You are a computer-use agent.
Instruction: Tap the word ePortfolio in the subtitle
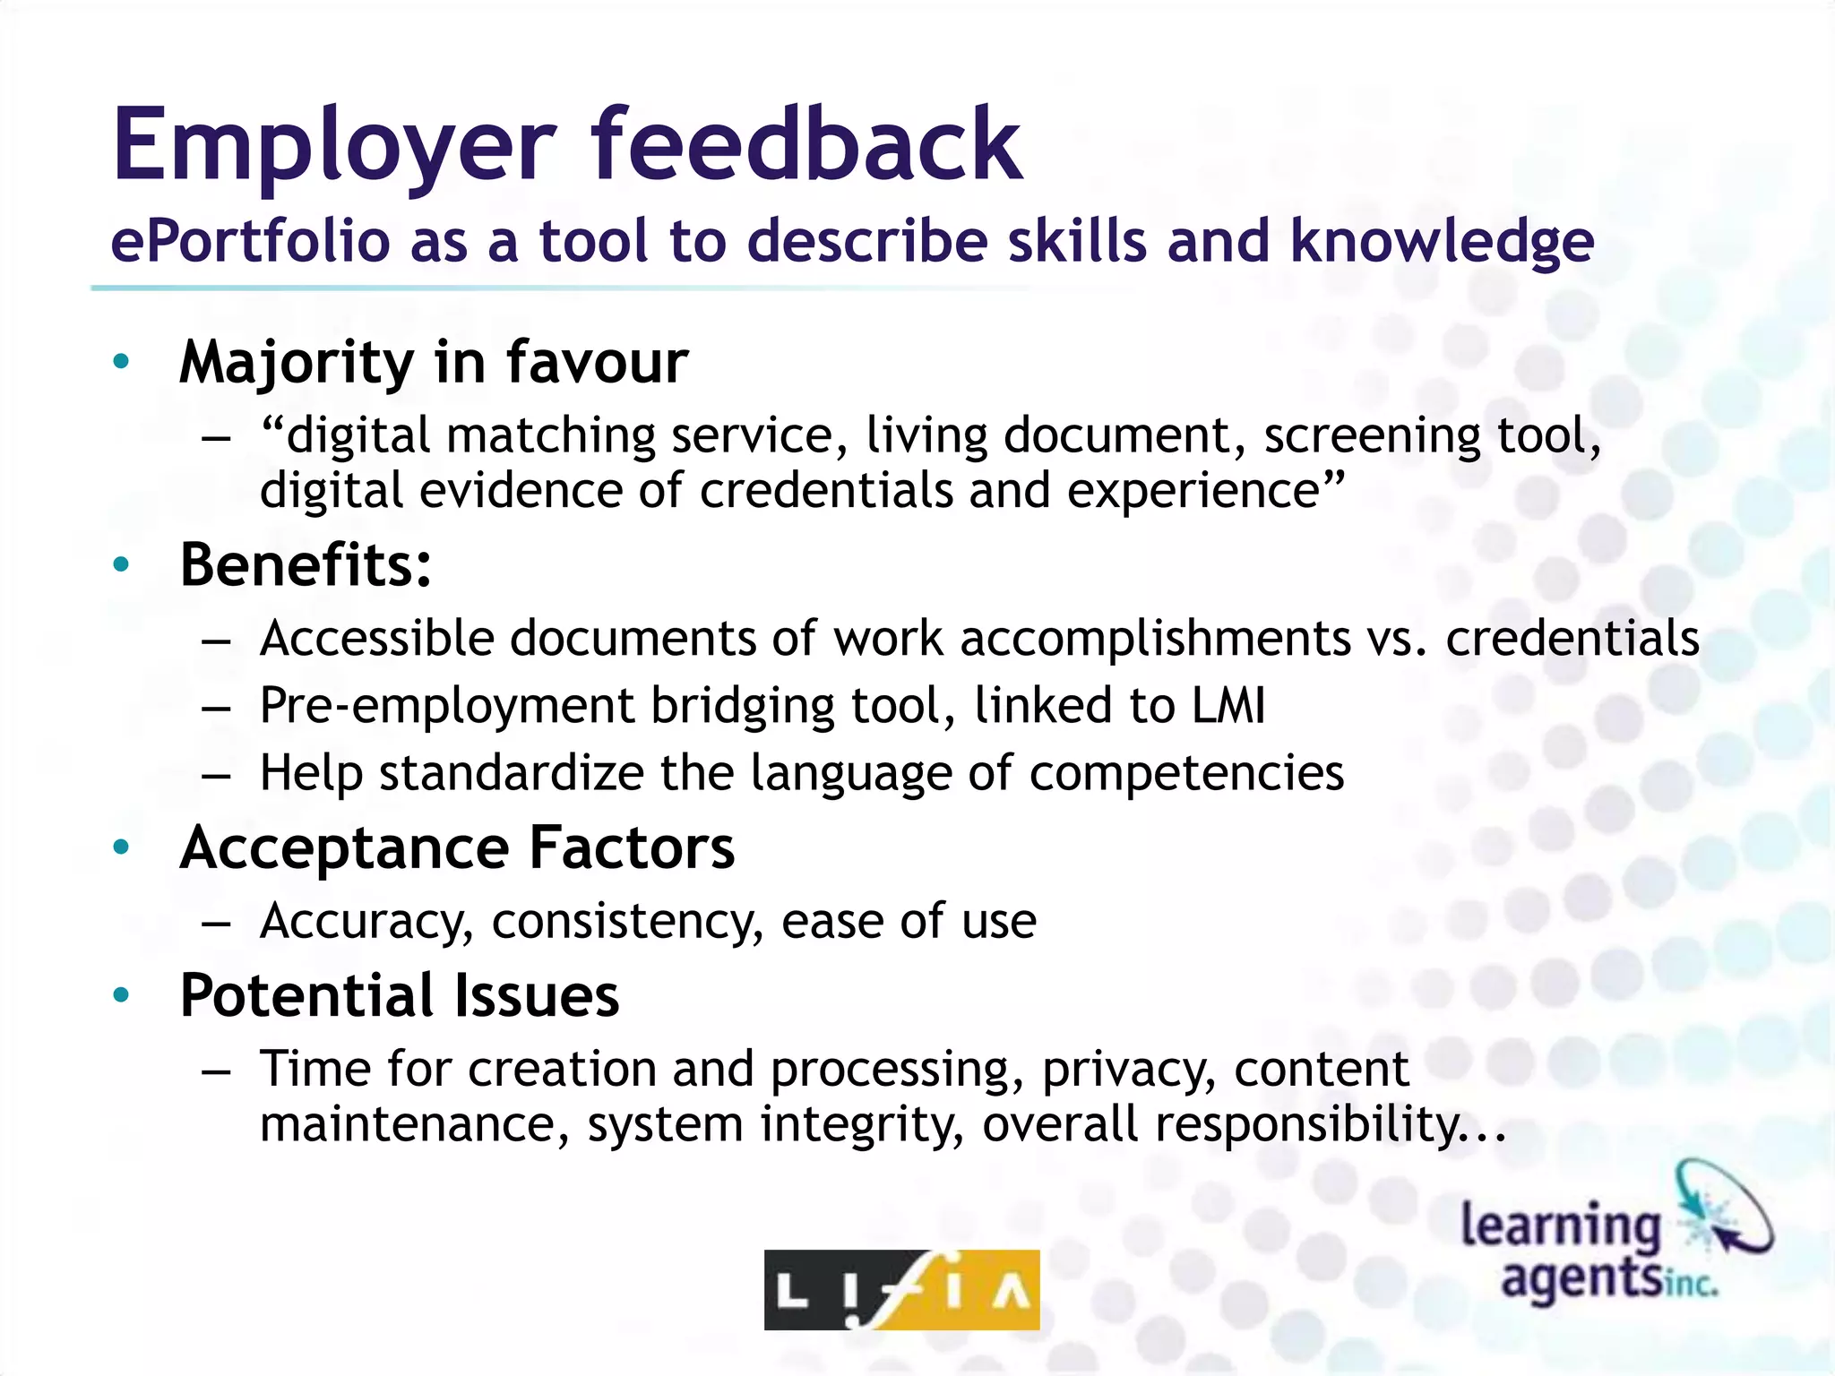click(x=250, y=242)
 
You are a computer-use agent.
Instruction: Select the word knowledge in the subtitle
click(x=1442, y=242)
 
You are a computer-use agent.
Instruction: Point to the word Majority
click(x=297, y=364)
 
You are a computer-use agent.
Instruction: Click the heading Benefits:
click(x=306, y=565)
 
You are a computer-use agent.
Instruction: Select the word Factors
click(x=632, y=847)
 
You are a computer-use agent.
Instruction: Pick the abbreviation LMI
click(x=1228, y=705)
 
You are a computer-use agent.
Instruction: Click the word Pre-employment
click(x=446, y=707)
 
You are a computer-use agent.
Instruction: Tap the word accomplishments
click(x=1155, y=639)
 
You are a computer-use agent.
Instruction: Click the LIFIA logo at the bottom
click(x=901, y=1289)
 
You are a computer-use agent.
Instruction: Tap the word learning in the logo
click(x=1561, y=1226)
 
